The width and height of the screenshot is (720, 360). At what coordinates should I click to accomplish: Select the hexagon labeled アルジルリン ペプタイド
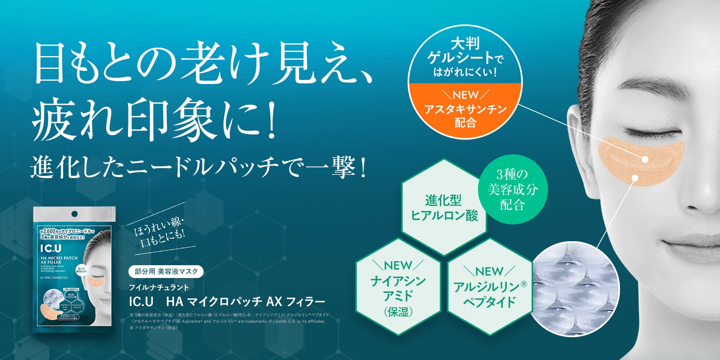click(490, 287)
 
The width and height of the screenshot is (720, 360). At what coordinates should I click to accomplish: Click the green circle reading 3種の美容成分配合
click(512, 189)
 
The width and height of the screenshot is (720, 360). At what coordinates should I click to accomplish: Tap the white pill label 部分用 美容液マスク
click(166, 272)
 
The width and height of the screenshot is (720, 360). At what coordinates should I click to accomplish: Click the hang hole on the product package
click(74, 214)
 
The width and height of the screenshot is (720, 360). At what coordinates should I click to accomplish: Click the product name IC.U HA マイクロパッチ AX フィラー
click(227, 301)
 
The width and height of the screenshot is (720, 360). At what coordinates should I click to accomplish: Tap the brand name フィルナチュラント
click(159, 287)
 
